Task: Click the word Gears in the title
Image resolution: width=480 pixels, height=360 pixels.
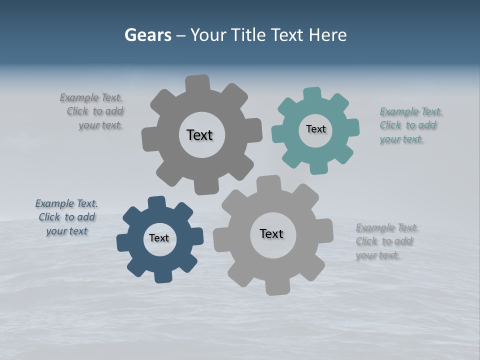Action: [148, 35]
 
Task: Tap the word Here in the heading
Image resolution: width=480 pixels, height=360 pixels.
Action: [328, 35]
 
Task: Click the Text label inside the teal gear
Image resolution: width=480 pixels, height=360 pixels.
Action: [315, 129]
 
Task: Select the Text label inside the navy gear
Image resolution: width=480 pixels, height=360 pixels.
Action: [159, 238]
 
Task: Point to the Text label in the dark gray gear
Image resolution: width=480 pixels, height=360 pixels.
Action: [199, 135]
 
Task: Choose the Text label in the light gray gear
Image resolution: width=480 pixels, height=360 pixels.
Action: [271, 233]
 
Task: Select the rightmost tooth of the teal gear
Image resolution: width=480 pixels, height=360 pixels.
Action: [353, 127]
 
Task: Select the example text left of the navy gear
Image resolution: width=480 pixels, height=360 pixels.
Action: [66, 217]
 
